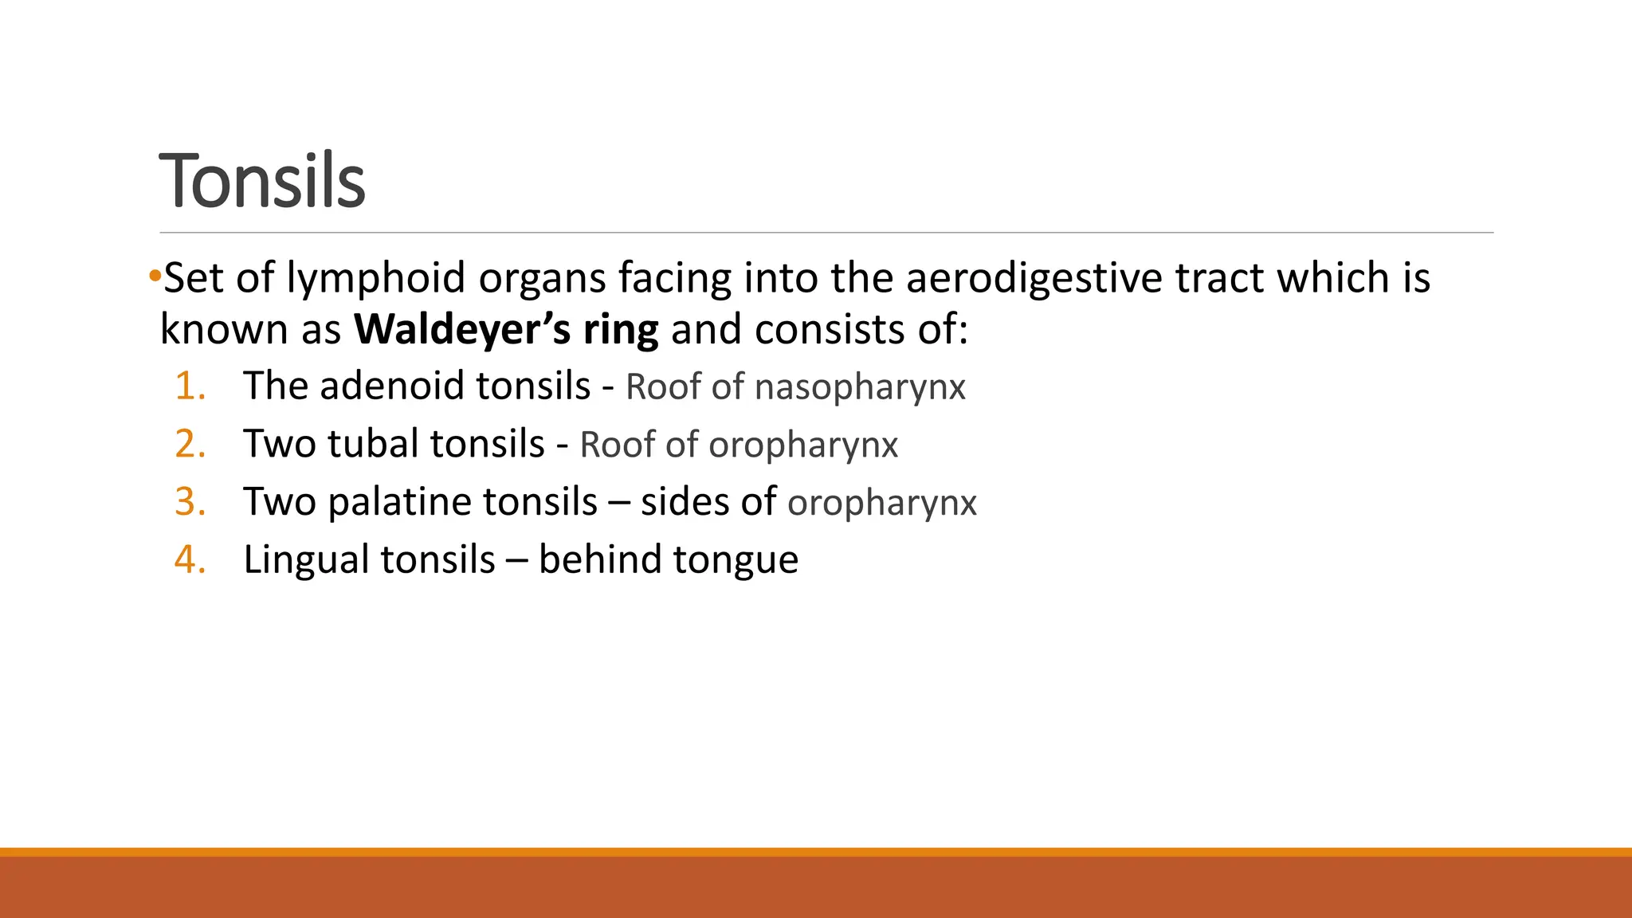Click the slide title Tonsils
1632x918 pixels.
pos(262,181)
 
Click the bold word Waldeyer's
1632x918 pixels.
pos(462,329)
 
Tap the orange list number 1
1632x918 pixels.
pos(190,386)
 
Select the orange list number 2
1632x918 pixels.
pos(190,444)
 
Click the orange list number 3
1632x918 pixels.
pos(190,502)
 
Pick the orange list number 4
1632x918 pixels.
pos(190,559)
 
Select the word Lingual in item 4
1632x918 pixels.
pos(304,560)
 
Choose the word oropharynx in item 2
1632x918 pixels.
pos(803,445)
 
